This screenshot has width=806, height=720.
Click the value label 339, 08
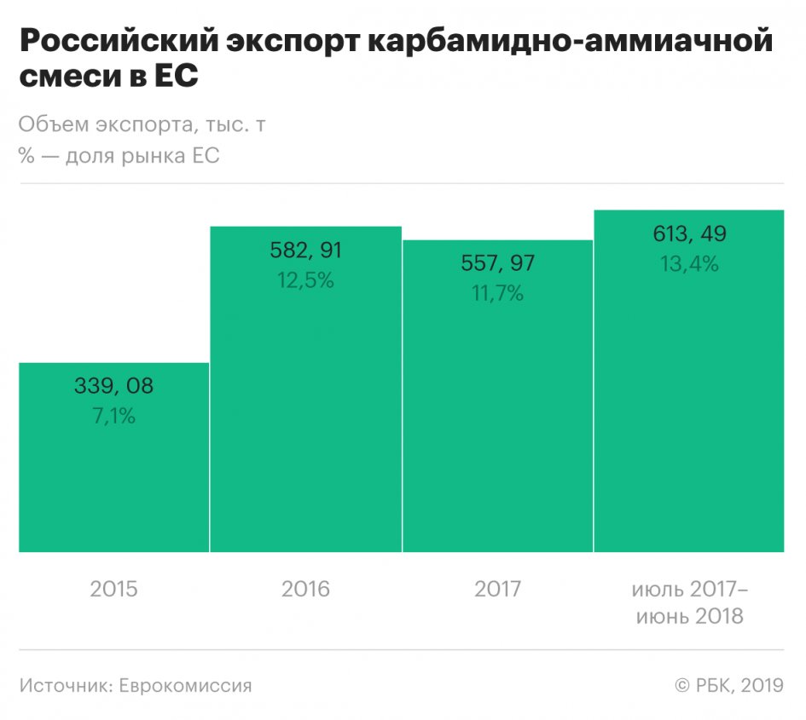(113, 386)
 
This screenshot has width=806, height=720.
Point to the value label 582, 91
(305, 250)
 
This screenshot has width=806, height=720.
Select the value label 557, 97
(497, 263)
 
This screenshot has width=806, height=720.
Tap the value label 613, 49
(689, 233)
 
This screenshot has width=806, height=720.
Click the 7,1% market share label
(113, 417)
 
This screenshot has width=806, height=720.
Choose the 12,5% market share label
(305, 280)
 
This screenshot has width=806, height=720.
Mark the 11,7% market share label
(497, 294)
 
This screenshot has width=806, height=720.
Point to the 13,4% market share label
(689, 264)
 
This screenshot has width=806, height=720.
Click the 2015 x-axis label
(113, 589)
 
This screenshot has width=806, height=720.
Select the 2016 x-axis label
(305, 589)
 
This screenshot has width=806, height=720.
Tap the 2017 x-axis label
(497, 589)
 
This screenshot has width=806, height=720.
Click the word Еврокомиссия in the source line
(185, 685)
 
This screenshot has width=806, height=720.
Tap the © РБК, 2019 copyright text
(728, 685)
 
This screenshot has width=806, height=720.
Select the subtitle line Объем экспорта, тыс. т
(142, 125)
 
